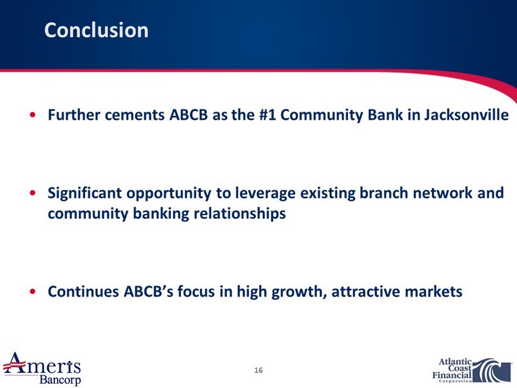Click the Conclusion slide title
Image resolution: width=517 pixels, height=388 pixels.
[96, 30]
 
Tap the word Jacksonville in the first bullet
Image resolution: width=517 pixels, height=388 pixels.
[466, 115]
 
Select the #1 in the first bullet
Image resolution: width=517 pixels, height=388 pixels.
[268, 115]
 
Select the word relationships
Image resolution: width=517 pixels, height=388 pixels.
[239, 214]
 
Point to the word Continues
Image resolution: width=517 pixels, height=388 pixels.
[83, 291]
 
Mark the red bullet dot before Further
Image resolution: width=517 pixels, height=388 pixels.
[32, 115]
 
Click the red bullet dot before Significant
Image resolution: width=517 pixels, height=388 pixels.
[32, 193]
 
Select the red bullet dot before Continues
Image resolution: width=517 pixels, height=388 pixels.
[32, 291]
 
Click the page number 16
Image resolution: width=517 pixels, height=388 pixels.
[258, 370]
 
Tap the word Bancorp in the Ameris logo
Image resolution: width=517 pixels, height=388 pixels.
[60, 379]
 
